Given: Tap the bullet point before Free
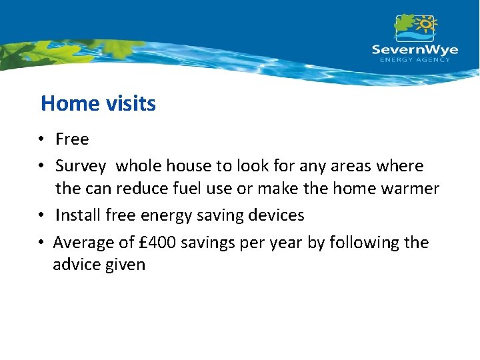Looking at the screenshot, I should pos(41,140).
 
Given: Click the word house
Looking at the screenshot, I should pos(187,165).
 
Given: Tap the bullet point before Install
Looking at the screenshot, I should pos(41,216).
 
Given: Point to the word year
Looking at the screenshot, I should pos(285,243).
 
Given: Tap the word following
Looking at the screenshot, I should pos(357,242).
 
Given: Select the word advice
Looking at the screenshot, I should pos(77,265).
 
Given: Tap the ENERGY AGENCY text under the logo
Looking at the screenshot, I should pos(414,60).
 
